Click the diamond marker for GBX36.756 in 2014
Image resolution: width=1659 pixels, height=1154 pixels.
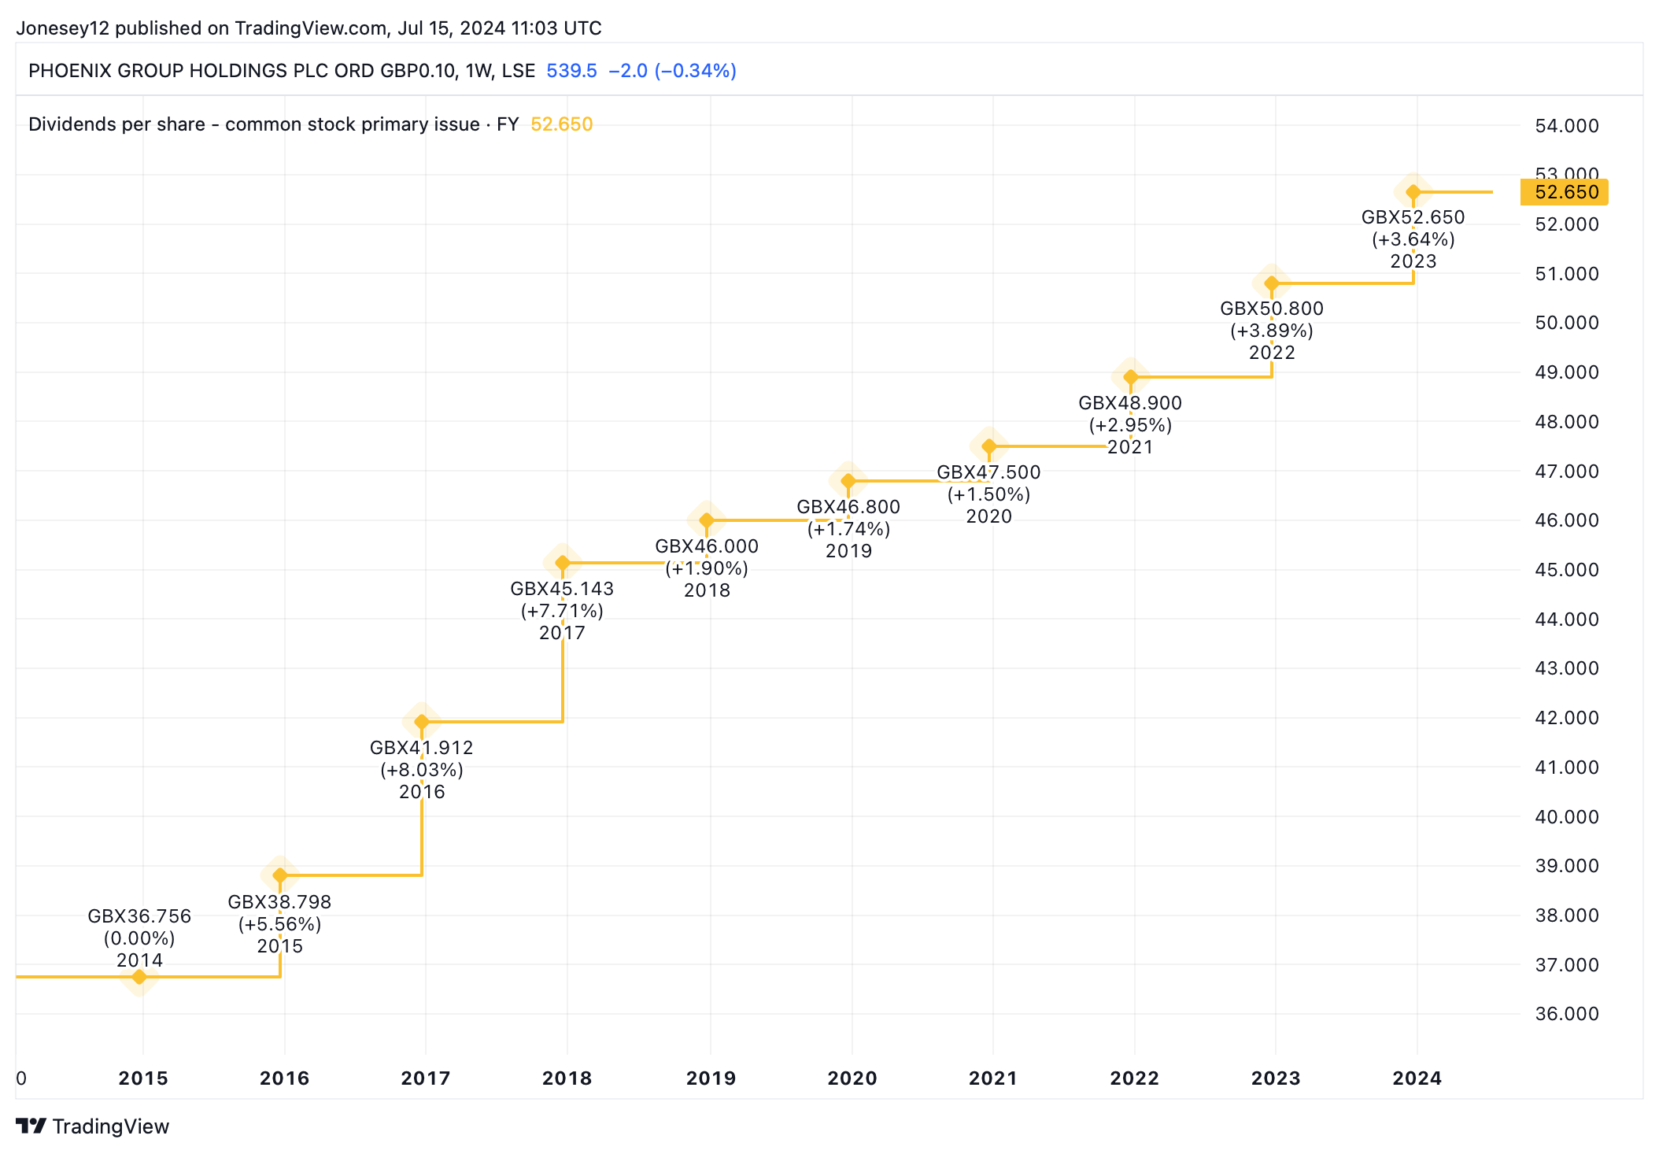pos(139,977)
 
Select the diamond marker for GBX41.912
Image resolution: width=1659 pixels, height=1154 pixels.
pos(422,721)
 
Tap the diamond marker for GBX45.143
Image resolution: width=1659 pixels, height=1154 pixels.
pos(563,563)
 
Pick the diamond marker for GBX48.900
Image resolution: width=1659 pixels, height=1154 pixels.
pos(1131,377)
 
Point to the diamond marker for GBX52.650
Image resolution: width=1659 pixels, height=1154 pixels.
pos(1413,192)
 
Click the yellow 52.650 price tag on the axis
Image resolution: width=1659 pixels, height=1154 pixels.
pos(1565,192)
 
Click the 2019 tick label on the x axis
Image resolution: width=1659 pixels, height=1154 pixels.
pos(711,1078)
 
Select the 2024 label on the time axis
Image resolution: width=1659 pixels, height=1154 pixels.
pos(1417,1078)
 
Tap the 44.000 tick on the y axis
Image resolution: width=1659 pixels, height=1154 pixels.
pos(1566,620)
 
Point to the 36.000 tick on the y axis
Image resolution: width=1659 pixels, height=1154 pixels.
pos(1566,1014)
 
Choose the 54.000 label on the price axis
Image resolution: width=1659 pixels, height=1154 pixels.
pos(1566,126)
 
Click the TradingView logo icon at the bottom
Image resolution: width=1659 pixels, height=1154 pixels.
pos(31,1126)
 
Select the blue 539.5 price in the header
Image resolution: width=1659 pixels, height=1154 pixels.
pos(571,71)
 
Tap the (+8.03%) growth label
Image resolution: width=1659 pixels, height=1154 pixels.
pos(422,770)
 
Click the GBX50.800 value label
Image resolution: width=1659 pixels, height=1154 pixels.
pos(1272,309)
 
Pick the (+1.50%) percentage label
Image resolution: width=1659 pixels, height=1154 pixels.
pos(989,494)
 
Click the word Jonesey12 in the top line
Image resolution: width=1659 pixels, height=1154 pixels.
pos(63,28)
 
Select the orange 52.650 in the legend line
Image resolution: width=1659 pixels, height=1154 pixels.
pos(561,124)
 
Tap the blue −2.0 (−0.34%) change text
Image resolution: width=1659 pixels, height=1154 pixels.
pos(672,71)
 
